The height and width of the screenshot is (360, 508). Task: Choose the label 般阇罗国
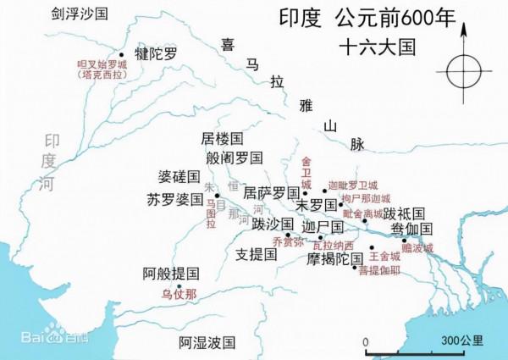pyautogui.click(x=235, y=158)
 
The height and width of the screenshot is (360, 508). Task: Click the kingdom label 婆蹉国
pyautogui.click(x=179, y=178)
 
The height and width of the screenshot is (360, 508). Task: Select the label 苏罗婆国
pyautogui.click(x=175, y=201)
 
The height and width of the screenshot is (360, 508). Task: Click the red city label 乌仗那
pyautogui.click(x=179, y=296)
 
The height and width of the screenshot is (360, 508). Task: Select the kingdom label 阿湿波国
pyautogui.click(x=206, y=342)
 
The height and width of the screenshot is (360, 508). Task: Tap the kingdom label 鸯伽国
pyautogui.click(x=412, y=229)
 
